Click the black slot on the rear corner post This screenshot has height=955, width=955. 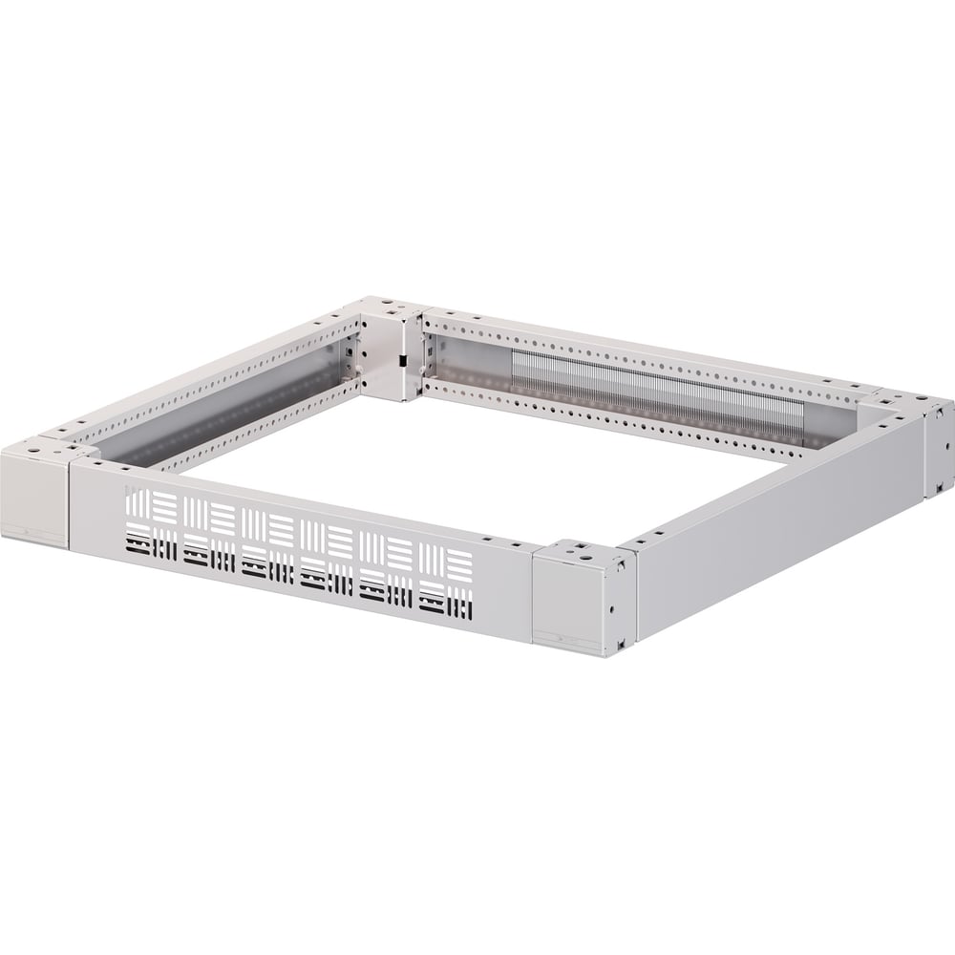402,361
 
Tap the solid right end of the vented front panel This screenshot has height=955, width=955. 501,583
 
